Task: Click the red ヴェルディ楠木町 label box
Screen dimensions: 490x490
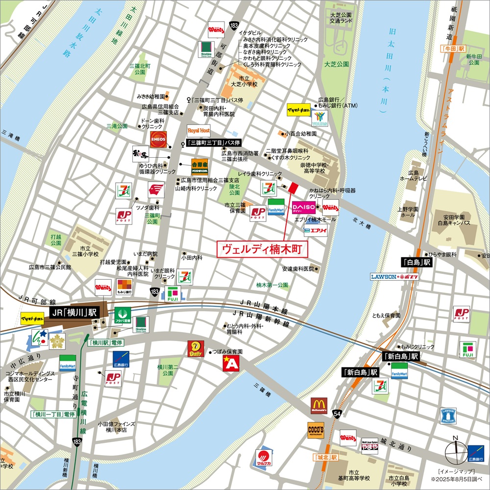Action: click(262, 249)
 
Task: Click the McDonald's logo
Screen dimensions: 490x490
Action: click(318, 406)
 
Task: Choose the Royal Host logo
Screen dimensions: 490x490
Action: click(198, 131)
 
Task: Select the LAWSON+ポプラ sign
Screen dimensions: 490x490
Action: click(394, 277)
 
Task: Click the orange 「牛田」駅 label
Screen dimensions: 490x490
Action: click(452, 49)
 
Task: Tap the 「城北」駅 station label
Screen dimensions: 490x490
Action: click(326, 457)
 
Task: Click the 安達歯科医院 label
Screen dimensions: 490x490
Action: click(298, 269)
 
